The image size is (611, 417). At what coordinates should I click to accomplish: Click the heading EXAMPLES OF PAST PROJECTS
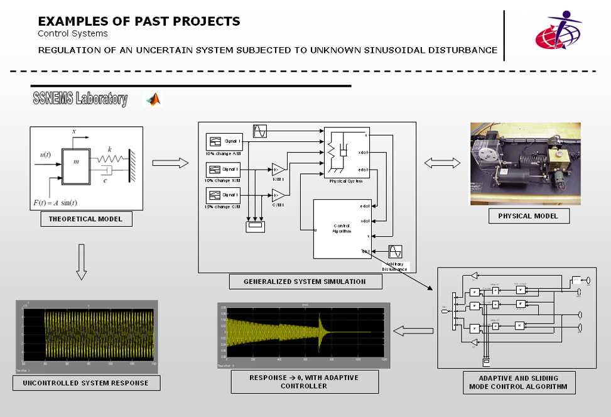139,21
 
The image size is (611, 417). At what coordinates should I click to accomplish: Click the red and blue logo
558,31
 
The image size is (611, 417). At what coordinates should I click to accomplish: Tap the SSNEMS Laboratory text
80,99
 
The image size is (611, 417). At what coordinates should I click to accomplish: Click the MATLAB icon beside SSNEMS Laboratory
153,99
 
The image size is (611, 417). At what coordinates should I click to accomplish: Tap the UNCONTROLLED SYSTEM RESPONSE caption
86,382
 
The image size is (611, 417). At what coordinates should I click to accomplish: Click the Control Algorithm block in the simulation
342,228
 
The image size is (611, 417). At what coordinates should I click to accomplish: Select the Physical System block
346,153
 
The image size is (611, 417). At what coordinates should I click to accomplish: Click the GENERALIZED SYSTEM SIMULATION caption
305,282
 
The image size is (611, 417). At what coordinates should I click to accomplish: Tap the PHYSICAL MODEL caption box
527,216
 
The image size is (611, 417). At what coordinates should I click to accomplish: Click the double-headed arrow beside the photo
438,163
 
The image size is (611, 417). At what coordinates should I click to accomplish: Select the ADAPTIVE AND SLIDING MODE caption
518,382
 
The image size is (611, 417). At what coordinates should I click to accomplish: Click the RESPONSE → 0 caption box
305,382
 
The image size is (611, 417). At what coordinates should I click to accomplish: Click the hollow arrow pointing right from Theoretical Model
171,163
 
